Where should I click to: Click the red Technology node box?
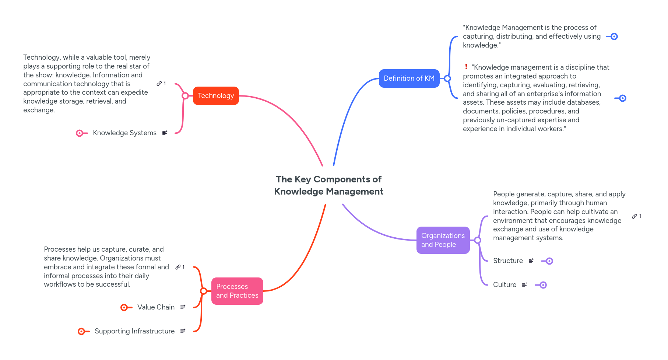click(216, 96)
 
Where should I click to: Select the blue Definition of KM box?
click(409, 78)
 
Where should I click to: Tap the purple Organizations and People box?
click(443, 240)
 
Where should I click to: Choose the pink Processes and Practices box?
click(237, 291)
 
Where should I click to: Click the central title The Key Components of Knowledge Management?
click(328, 185)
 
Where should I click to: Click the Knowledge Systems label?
click(124, 133)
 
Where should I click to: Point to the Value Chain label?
click(156, 307)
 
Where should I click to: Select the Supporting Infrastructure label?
click(134, 331)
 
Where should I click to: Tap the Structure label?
click(508, 261)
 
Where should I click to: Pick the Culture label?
click(504, 285)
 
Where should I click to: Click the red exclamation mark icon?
click(466, 67)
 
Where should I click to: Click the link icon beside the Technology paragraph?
click(159, 84)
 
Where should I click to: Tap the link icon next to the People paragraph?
click(634, 216)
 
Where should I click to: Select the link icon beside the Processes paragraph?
click(178, 267)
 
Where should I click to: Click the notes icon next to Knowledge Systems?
click(165, 133)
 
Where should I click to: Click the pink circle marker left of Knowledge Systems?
click(80, 133)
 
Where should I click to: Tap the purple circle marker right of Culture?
click(543, 285)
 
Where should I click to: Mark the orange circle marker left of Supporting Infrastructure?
click(81, 332)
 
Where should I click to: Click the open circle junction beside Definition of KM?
click(447, 78)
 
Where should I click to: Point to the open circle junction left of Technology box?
click(185, 96)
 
